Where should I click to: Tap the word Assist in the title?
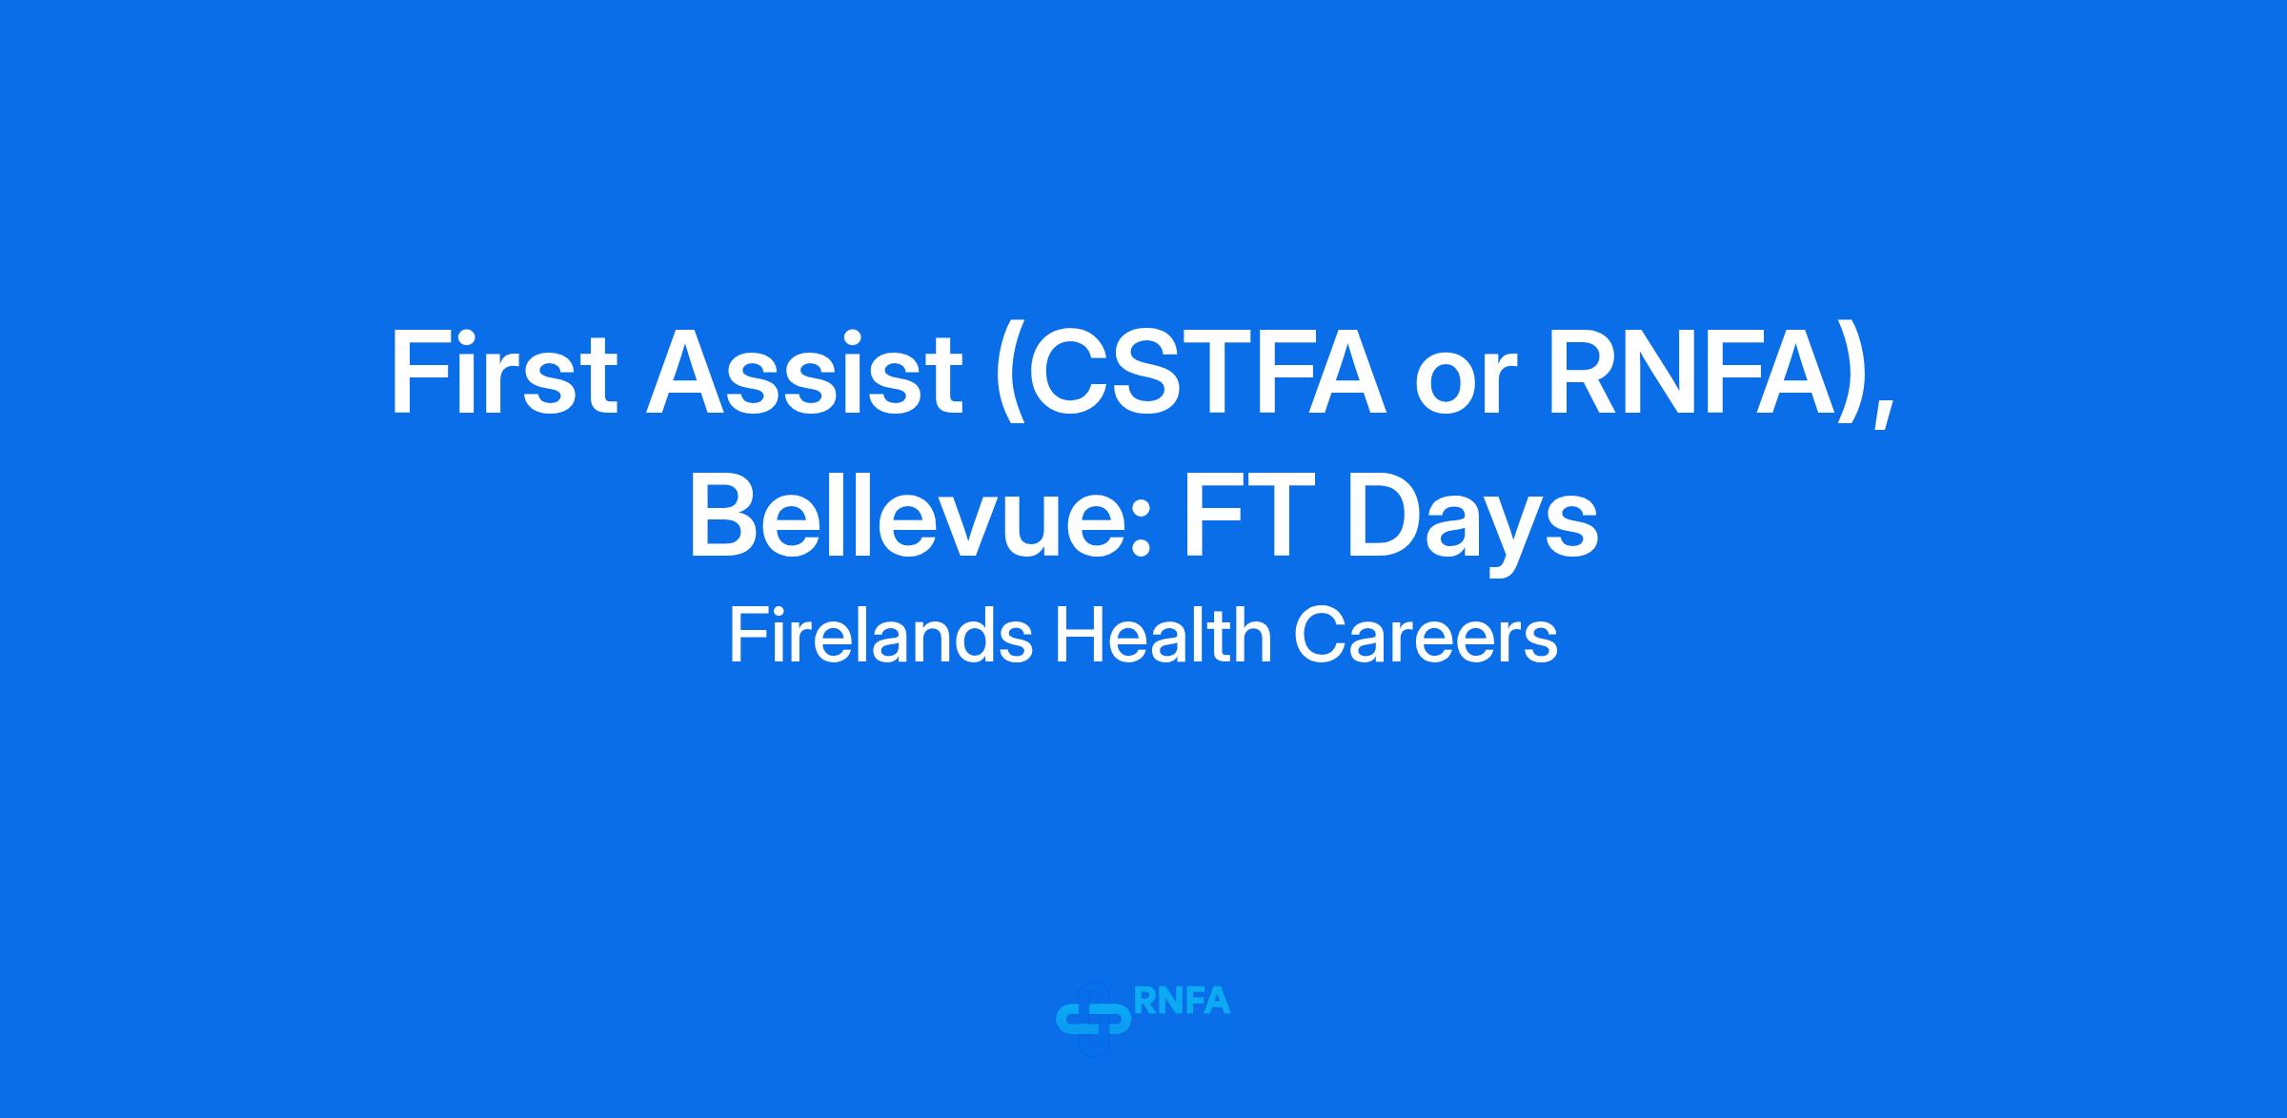[804, 373]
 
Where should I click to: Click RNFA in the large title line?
[1690, 373]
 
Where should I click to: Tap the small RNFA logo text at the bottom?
[1183, 1002]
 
